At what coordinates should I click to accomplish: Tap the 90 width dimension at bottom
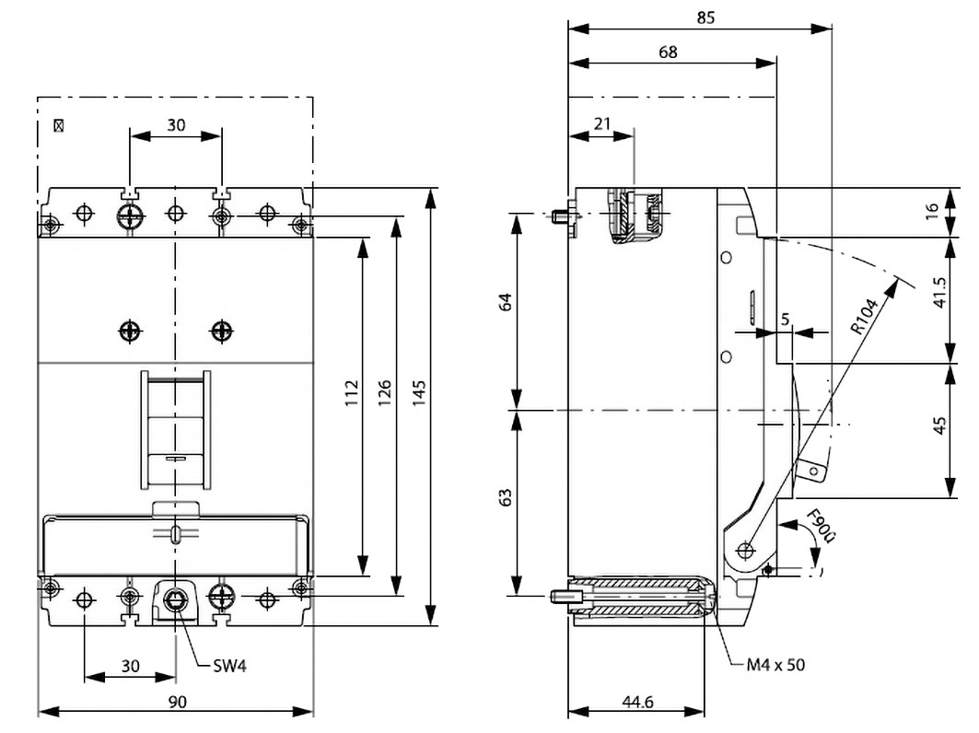(178, 702)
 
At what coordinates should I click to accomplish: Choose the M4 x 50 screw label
(775, 664)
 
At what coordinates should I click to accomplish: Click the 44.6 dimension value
(637, 702)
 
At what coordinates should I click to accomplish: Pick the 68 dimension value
(668, 52)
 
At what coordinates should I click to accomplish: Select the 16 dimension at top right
(933, 210)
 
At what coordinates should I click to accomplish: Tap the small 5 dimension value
(785, 319)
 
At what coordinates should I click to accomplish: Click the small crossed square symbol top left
(60, 124)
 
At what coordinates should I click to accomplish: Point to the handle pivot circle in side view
(744, 550)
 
